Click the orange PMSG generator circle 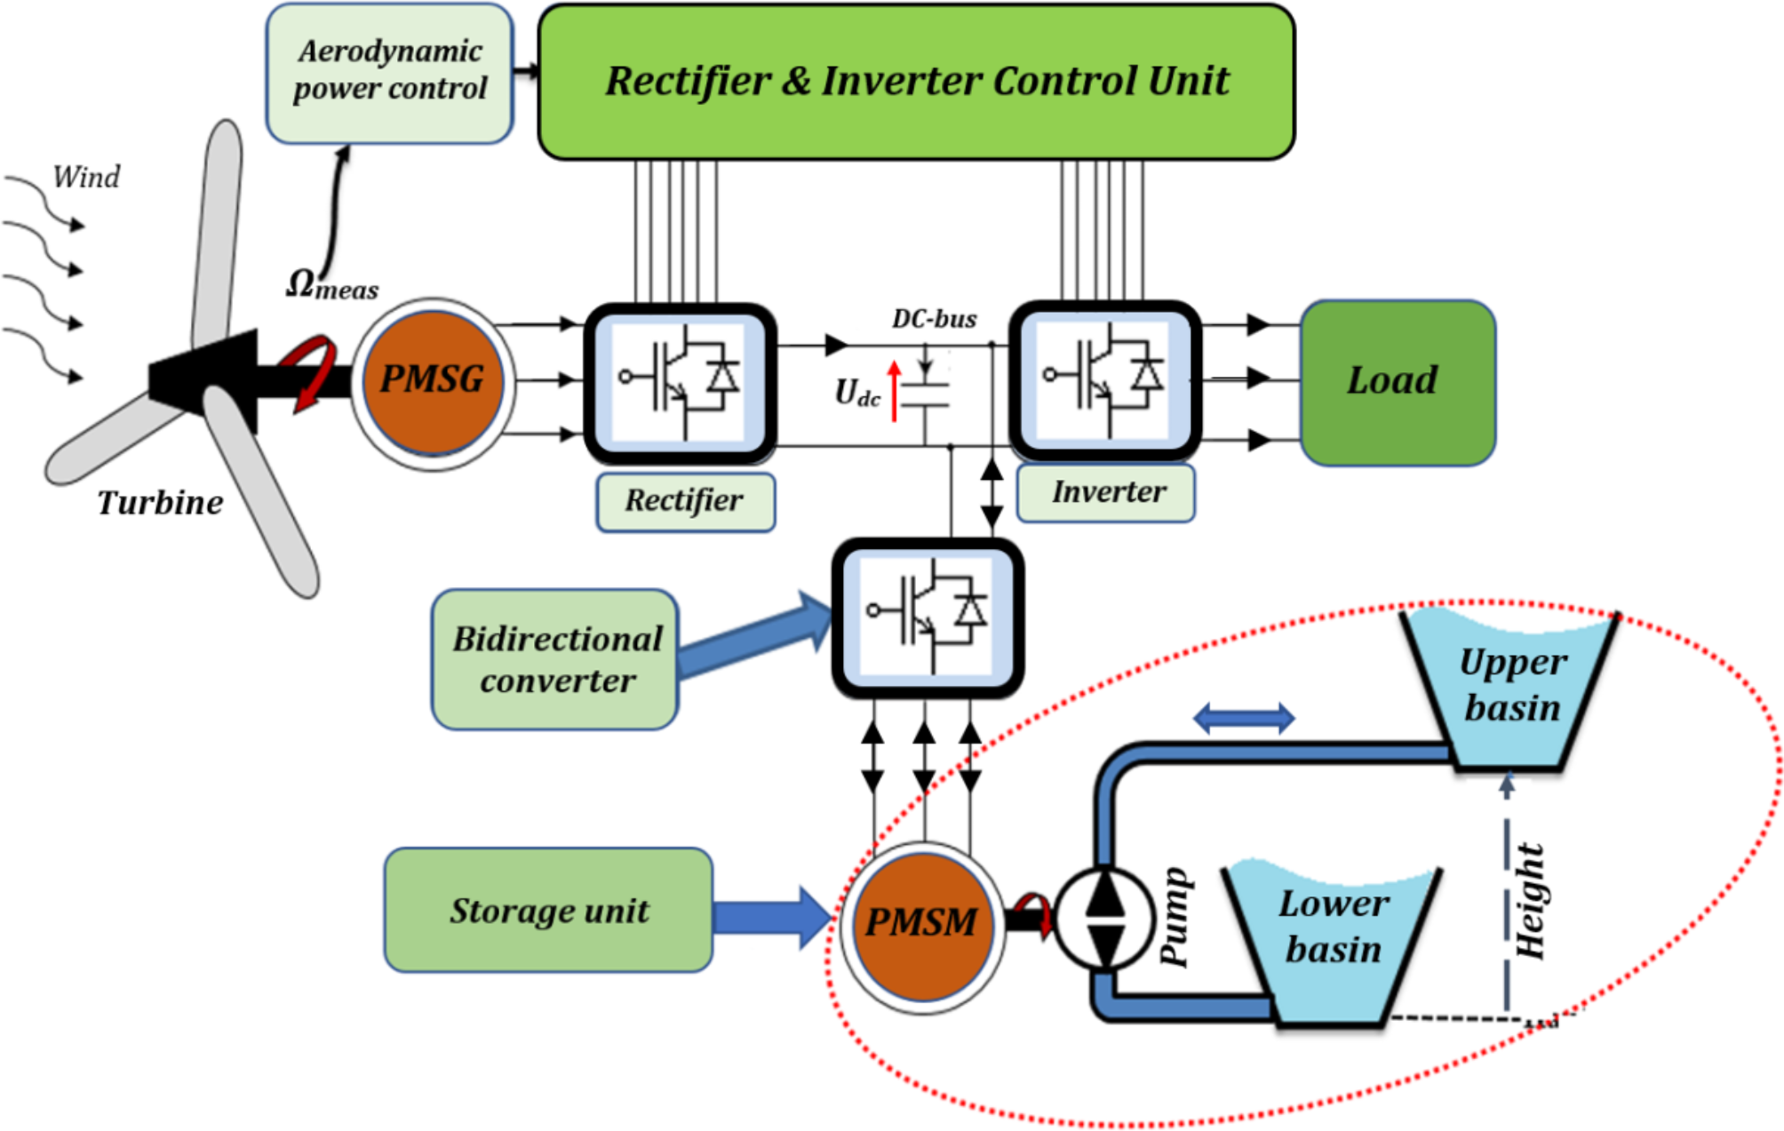click(x=433, y=381)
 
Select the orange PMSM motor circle click(x=922, y=924)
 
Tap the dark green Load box click(x=1398, y=382)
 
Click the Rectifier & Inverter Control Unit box click(x=916, y=82)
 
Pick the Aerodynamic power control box click(x=390, y=72)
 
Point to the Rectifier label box click(x=685, y=502)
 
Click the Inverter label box click(x=1106, y=493)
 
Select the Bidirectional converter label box click(x=555, y=660)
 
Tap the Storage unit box click(x=548, y=911)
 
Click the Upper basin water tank click(x=1510, y=689)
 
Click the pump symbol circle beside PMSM click(x=1104, y=918)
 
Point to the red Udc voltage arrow click(x=894, y=391)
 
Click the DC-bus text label click(x=934, y=319)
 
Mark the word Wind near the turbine click(x=86, y=178)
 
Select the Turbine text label click(x=160, y=503)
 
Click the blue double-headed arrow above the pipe click(x=1243, y=718)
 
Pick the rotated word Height click(x=1531, y=902)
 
